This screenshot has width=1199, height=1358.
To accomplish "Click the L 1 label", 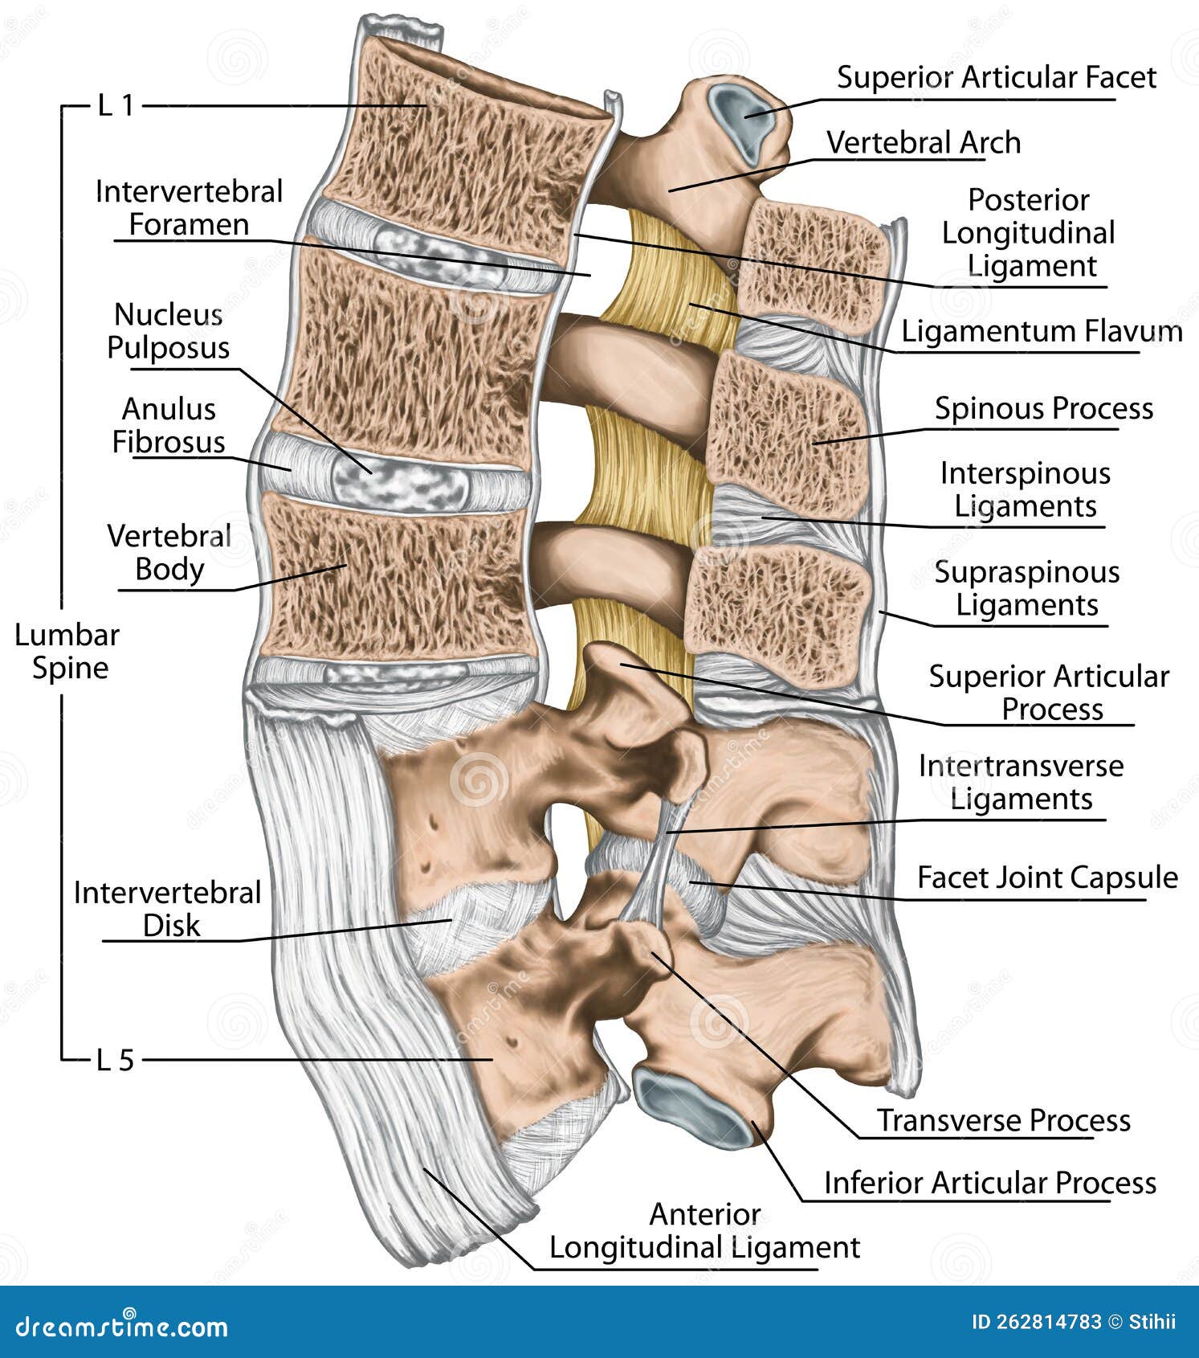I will pyautogui.click(x=116, y=105).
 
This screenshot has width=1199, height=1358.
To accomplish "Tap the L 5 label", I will pyautogui.click(x=116, y=1061).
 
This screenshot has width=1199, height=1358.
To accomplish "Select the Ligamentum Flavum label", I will pyautogui.click(x=1041, y=331).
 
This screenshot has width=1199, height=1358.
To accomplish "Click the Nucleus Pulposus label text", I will pyautogui.click(x=169, y=331).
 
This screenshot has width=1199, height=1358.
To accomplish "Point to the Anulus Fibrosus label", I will pyautogui.click(x=169, y=425).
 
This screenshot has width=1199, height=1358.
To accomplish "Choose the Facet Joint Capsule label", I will pyautogui.click(x=1047, y=877).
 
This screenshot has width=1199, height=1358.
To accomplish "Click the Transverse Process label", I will pyautogui.click(x=1003, y=1120).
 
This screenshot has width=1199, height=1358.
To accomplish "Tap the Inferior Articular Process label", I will pyautogui.click(x=989, y=1183).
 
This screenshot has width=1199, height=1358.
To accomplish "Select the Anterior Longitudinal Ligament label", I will pyautogui.click(x=704, y=1231).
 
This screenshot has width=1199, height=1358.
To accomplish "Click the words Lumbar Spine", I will pyautogui.click(x=67, y=651).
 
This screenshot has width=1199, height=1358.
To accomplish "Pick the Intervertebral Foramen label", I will pyautogui.click(x=189, y=207).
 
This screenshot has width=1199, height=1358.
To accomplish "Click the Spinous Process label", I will pyautogui.click(x=1043, y=408).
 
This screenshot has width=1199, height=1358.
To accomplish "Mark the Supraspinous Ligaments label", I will pyautogui.click(x=1026, y=588).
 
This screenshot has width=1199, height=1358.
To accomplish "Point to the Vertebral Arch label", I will pyautogui.click(x=924, y=143).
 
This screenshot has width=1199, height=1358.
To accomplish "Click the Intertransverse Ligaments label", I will pyautogui.click(x=1021, y=782).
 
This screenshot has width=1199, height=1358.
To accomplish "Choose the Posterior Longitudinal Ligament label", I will pyautogui.click(x=1029, y=233).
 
